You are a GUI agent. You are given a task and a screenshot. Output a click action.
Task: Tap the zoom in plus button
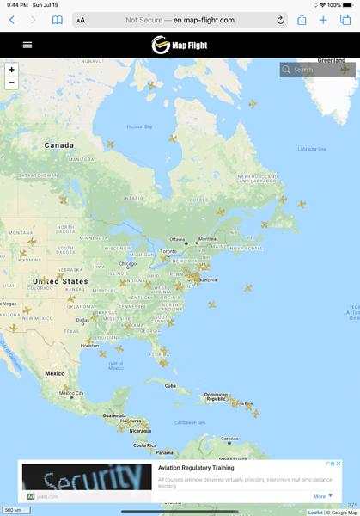(11, 69)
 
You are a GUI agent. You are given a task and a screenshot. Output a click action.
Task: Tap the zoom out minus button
(11, 83)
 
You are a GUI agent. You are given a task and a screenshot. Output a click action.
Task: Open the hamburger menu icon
(27, 45)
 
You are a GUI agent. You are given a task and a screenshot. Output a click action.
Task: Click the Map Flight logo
(180, 45)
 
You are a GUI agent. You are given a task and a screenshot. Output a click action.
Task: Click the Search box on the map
(316, 70)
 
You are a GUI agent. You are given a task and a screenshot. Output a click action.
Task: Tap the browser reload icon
(280, 20)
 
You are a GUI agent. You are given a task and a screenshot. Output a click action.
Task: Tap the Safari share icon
(302, 19)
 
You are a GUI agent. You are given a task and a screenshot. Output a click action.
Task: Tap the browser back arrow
(12, 20)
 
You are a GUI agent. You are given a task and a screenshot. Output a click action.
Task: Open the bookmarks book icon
(57, 20)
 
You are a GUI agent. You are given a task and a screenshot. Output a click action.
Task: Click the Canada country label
(59, 145)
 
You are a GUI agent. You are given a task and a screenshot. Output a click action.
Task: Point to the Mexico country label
(55, 373)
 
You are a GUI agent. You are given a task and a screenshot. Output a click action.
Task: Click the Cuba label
(170, 385)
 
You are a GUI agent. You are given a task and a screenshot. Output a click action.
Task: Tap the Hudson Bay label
(138, 126)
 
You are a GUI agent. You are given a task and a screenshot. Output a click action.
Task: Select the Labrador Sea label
(311, 149)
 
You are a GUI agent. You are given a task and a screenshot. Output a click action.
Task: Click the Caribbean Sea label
(190, 422)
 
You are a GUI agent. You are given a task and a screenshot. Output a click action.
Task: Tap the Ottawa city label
(177, 238)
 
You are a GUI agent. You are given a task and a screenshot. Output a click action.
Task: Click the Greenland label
(332, 60)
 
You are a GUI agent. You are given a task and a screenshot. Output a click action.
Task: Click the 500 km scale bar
(13, 510)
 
